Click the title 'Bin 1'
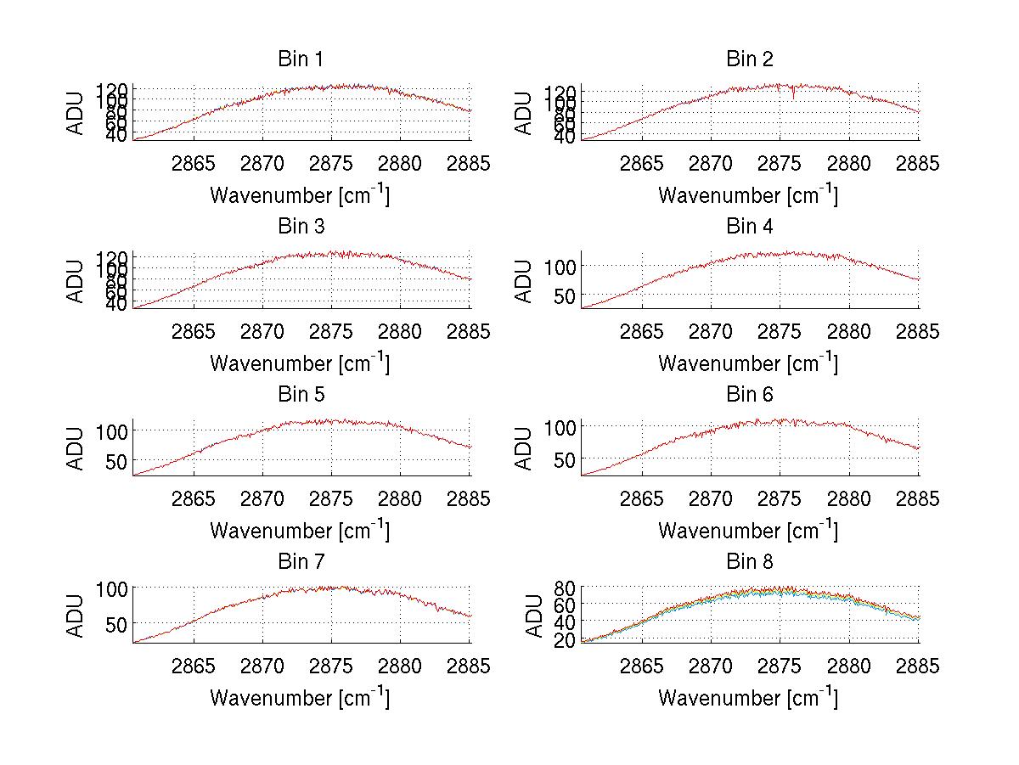click(x=300, y=59)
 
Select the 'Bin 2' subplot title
click(x=749, y=59)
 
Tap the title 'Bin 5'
click(x=300, y=395)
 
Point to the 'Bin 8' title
click(x=749, y=562)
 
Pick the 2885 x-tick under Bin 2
click(x=918, y=164)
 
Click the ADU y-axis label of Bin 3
click(x=76, y=281)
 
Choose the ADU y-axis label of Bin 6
click(x=525, y=448)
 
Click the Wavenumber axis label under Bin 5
click(x=300, y=532)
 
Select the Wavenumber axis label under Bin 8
click(x=748, y=699)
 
